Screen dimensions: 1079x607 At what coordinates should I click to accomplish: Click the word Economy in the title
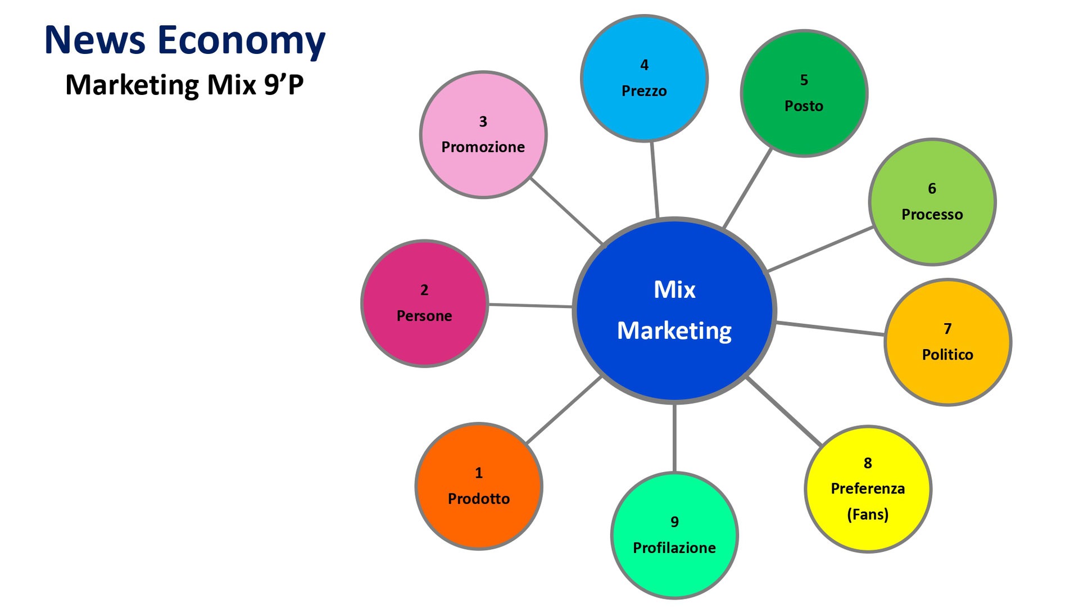point(241,41)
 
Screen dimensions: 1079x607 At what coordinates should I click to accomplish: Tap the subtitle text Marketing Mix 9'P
point(184,85)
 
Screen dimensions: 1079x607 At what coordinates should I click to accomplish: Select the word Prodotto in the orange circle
point(479,499)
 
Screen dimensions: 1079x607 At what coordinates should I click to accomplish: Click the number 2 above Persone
point(424,290)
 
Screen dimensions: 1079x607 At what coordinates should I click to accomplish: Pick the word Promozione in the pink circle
point(483,147)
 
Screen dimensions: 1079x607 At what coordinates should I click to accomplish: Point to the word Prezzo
point(644,90)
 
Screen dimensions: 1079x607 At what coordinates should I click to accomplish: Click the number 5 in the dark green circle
point(804,80)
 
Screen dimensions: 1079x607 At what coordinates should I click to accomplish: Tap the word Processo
point(932,214)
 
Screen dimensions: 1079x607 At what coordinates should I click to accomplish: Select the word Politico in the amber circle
point(947,354)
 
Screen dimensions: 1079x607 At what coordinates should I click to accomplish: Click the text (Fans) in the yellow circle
point(868,514)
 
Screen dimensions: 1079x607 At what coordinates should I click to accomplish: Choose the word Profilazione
point(674,547)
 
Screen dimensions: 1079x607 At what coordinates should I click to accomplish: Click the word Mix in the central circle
point(674,289)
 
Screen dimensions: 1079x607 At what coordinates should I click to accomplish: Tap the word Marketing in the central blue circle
point(674,330)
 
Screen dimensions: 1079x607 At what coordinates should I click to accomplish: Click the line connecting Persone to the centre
point(530,306)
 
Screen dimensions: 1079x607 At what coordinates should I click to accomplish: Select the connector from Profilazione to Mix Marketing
point(674,438)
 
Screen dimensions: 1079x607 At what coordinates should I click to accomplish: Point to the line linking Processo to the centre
point(820,249)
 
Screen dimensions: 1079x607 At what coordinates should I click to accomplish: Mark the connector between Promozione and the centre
point(566,211)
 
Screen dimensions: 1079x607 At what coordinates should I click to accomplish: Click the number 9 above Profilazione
point(674,522)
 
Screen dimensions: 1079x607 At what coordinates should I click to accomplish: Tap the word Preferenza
point(868,488)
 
